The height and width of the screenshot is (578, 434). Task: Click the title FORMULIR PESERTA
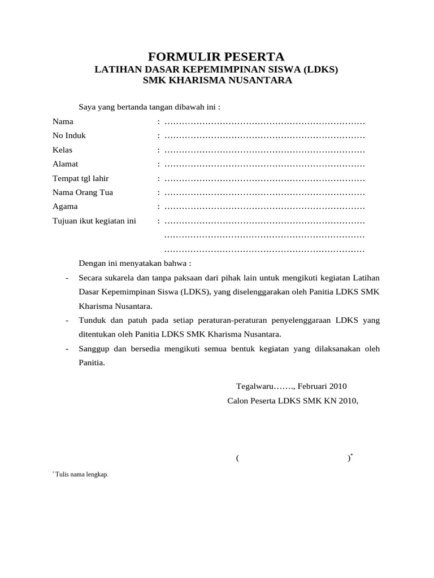pyautogui.click(x=216, y=56)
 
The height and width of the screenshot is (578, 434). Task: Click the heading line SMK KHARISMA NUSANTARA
pyautogui.click(x=217, y=81)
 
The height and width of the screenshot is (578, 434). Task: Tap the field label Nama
pyautogui.click(x=63, y=121)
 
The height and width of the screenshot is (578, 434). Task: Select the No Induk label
pyautogui.click(x=69, y=135)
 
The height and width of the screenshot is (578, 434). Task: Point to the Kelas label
pyautogui.click(x=62, y=150)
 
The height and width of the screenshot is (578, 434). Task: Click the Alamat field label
pyautogui.click(x=65, y=164)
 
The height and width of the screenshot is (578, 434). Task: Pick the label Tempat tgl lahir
pyautogui.click(x=81, y=178)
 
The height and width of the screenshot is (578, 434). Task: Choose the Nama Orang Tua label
pyautogui.click(x=83, y=192)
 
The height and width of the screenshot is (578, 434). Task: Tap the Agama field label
pyautogui.click(x=65, y=207)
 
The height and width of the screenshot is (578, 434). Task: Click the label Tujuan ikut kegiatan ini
pyautogui.click(x=94, y=221)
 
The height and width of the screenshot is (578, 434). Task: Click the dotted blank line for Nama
pyautogui.click(x=264, y=122)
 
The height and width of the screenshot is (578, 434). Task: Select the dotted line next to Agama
pyautogui.click(x=264, y=207)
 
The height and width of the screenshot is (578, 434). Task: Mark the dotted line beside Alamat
pyautogui.click(x=264, y=165)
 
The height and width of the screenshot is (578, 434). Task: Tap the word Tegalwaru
pyautogui.click(x=255, y=387)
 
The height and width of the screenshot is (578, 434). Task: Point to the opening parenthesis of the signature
pyautogui.click(x=238, y=458)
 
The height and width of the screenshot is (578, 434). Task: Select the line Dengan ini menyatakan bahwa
pyautogui.click(x=135, y=263)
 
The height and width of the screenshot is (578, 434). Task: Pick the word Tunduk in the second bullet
pyautogui.click(x=93, y=321)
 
